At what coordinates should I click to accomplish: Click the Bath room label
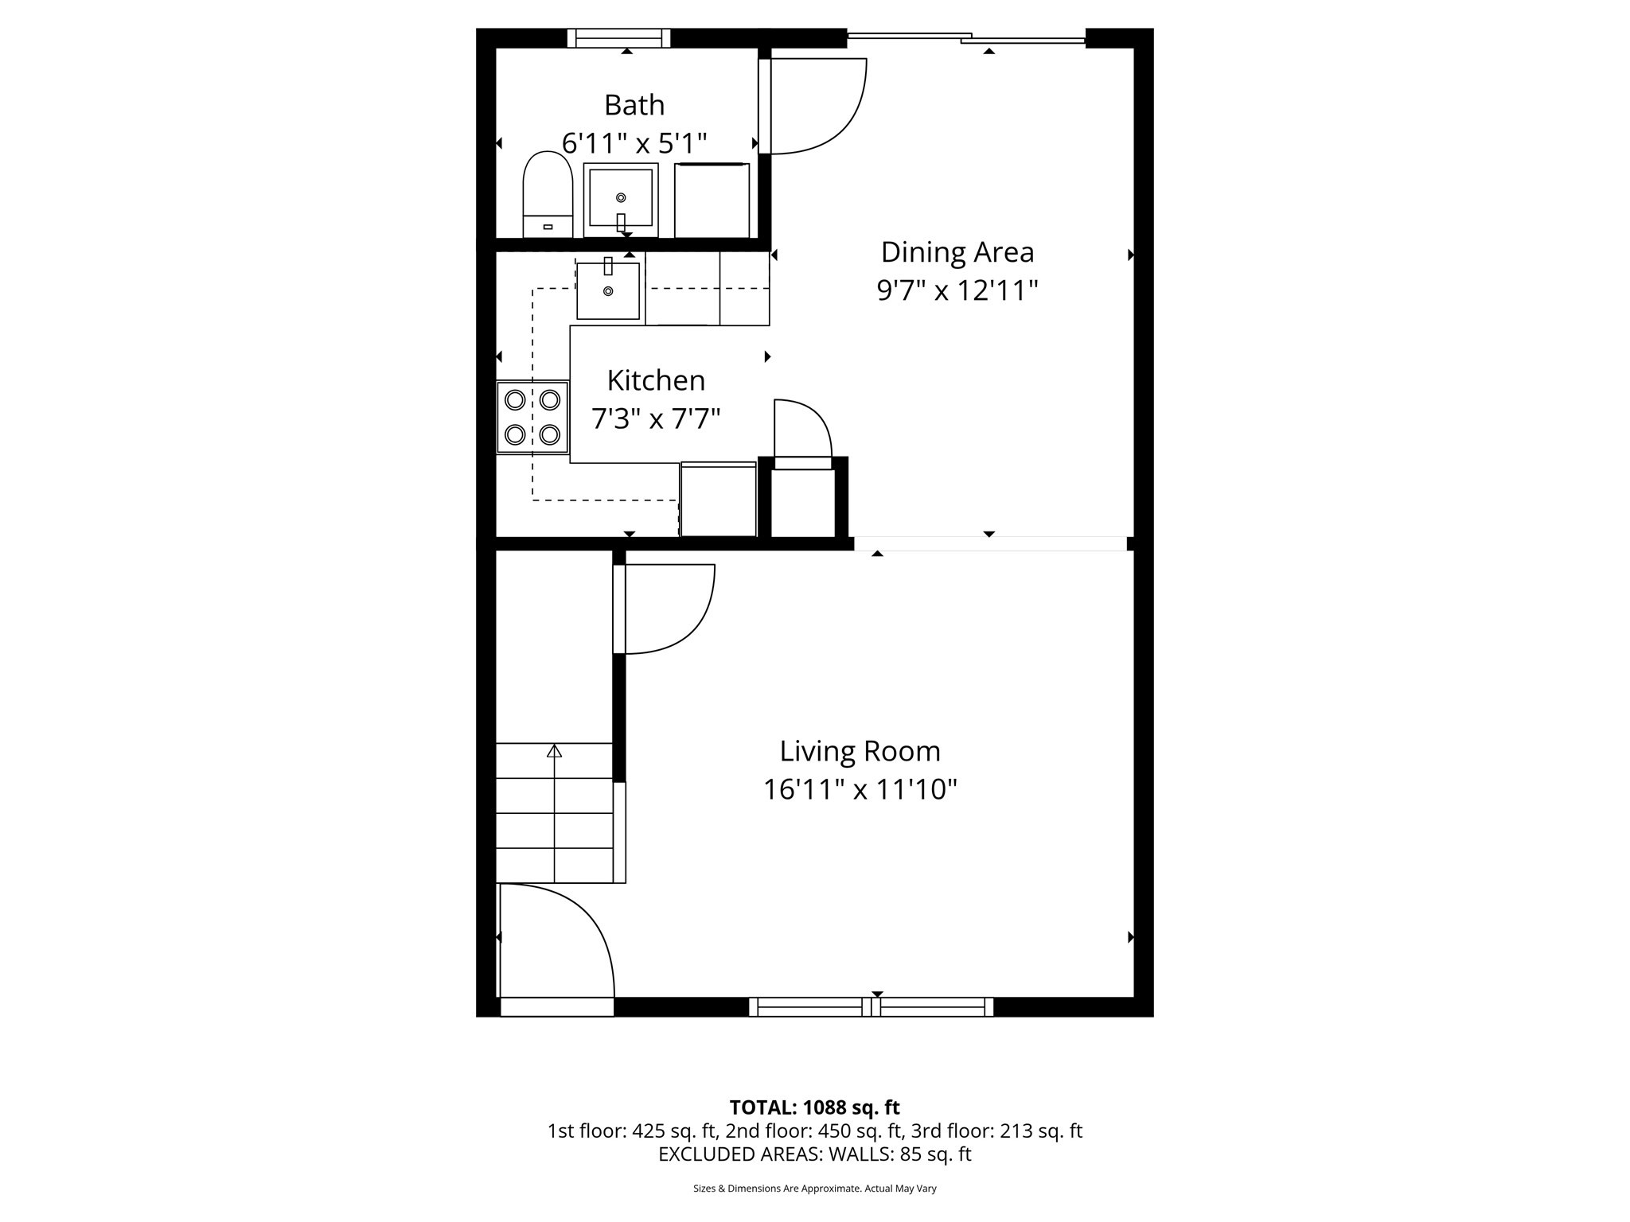click(x=634, y=105)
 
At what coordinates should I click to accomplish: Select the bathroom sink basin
click(x=621, y=199)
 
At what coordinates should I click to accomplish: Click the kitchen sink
click(x=608, y=291)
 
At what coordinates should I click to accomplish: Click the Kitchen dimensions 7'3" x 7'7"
click(x=656, y=418)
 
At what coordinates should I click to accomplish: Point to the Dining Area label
click(x=957, y=252)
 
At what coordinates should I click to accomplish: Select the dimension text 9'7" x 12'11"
click(x=957, y=290)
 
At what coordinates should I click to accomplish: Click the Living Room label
click(x=860, y=751)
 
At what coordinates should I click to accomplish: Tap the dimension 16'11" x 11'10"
click(x=860, y=790)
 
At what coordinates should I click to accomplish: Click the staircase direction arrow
click(x=554, y=750)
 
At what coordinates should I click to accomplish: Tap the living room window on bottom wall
click(x=872, y=1006)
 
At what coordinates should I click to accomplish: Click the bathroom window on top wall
click(x=619, y=38)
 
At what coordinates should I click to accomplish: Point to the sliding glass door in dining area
click(x=966, y=37)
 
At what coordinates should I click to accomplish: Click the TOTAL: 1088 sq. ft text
click(x=814, y=1107)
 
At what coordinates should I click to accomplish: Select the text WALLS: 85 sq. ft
click(x=899, y=1154)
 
